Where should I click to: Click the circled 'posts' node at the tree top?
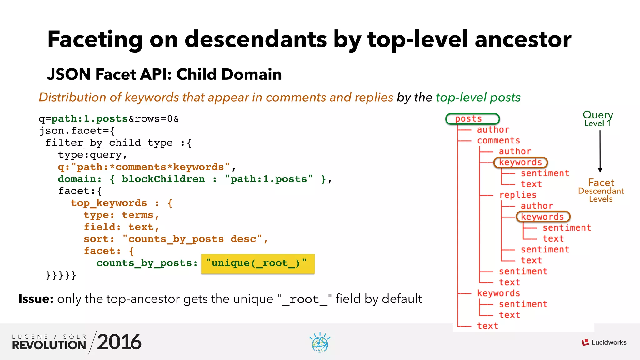click(472, 119)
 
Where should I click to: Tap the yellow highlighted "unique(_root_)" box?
click(257, 263)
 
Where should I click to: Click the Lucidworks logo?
click(604, 342)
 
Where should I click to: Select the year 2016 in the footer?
click(119, 342)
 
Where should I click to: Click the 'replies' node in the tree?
click(518, 195)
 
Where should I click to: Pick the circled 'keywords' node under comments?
click(520, 162)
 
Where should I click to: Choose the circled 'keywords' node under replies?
click(543, 217)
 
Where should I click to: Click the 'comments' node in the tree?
click(498, 141)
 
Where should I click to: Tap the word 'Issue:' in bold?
click(36, 299)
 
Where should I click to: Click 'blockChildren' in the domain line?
click(163, 179)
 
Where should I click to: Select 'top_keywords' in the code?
click(109, 203)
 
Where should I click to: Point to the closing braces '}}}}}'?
click(61, 275)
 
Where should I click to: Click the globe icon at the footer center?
click(320, 343)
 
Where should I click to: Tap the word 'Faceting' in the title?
click(95, 39)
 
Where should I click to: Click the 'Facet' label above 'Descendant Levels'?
click(601, 182)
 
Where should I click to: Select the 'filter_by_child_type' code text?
click(109, 143)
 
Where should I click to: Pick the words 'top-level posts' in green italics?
click(478, 97)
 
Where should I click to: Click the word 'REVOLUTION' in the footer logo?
click(49, 345)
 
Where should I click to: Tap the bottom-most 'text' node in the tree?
click(487, 326)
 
